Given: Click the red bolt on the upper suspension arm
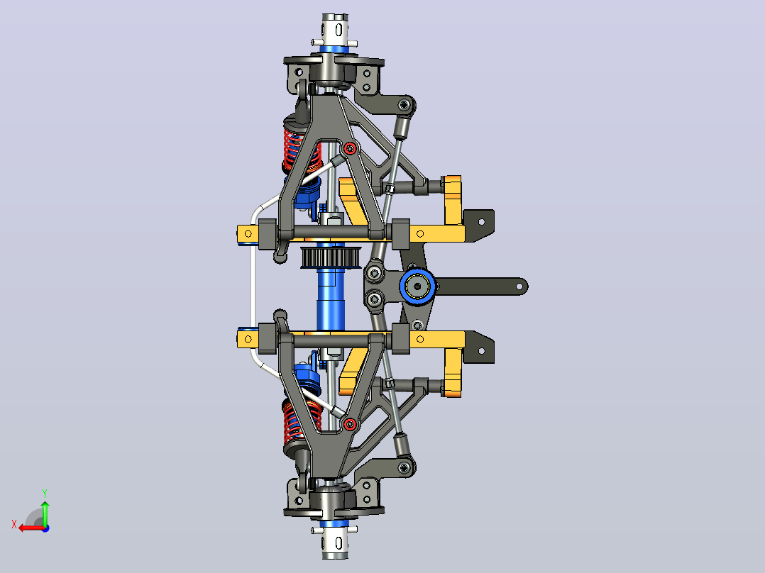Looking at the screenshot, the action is [349, 148].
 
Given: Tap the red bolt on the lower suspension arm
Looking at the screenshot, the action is [349, 424].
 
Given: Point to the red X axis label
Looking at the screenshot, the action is [14, 525].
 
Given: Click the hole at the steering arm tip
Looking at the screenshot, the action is [519, 286].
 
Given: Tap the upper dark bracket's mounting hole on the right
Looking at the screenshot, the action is [482, 222].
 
